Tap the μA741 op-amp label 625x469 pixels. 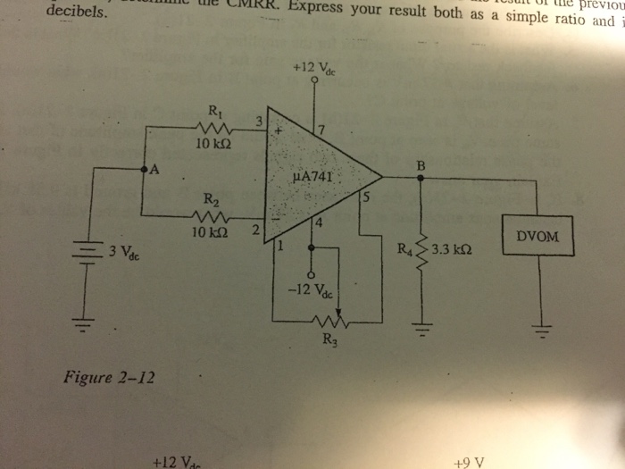[312, 176]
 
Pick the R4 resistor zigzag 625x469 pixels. [421, 252]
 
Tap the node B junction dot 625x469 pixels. [421, 177]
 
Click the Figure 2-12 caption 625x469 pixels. [109, 376]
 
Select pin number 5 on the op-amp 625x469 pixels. [363, 196]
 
